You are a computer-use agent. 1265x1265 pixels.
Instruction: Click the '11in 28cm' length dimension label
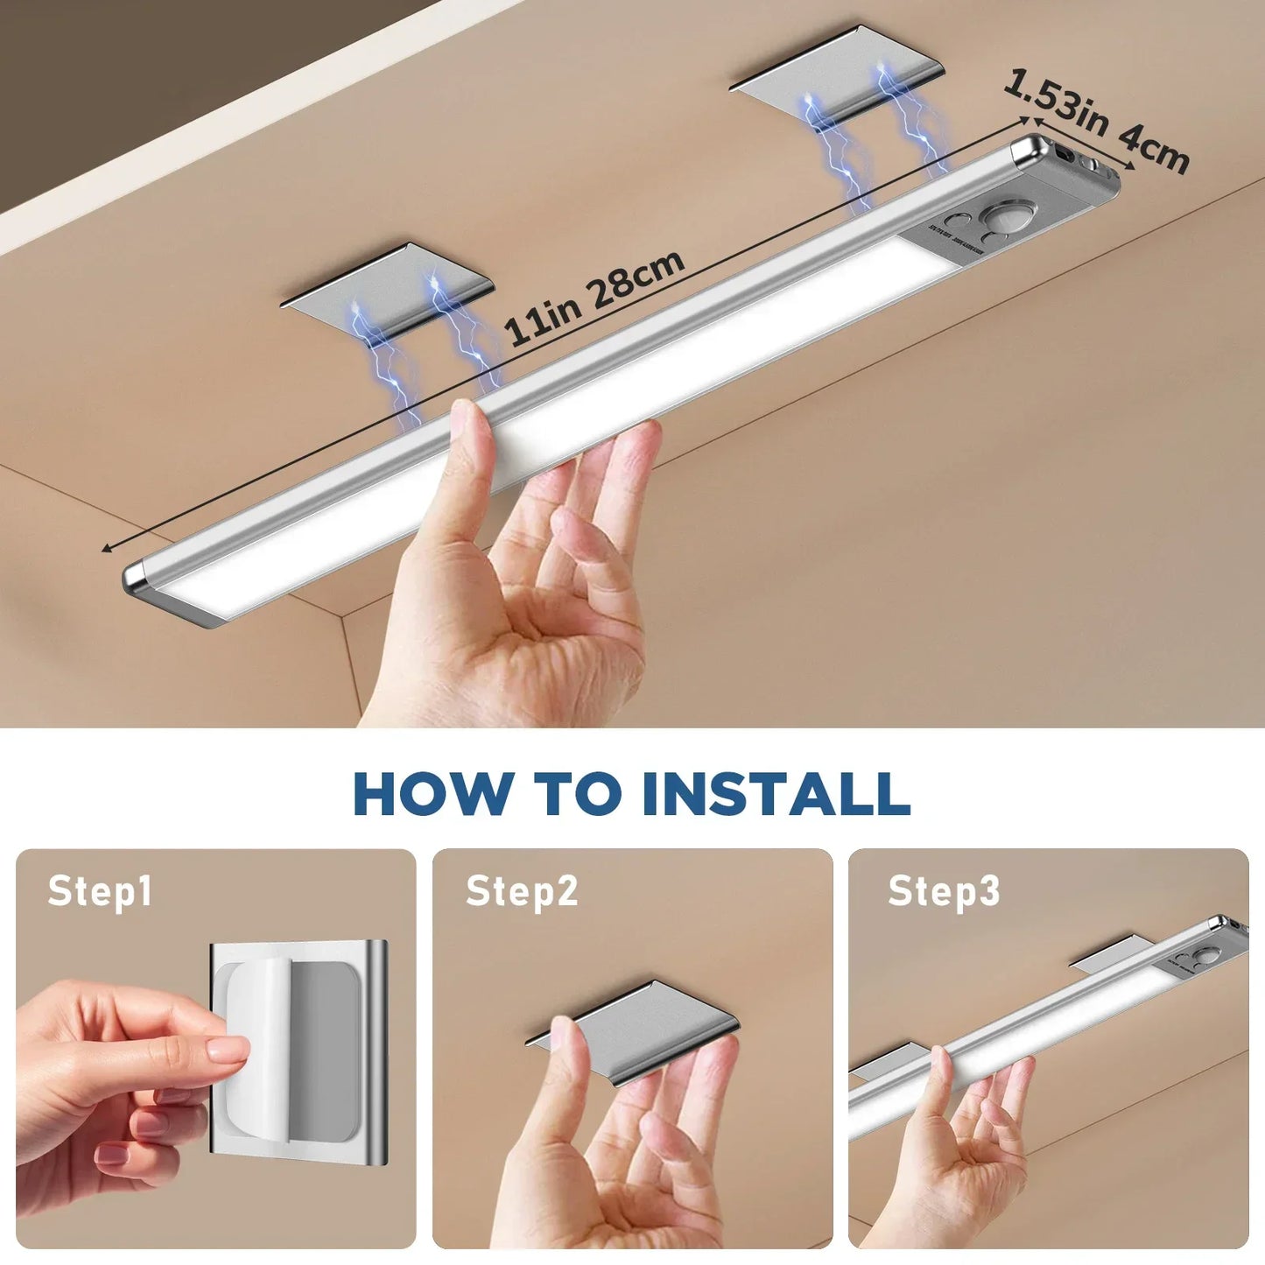pos(595,298)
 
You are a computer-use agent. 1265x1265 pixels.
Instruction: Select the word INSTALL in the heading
pos(776,793)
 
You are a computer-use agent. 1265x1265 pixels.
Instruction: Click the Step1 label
pos(100,891)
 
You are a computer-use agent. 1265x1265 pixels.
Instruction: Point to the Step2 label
pos(522,891)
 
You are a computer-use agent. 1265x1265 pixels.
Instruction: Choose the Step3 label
pos(944,891)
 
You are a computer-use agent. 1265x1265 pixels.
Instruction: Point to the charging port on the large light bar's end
pos(1065,154)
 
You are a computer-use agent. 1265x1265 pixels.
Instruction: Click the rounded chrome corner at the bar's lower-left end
pos(136,578)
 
